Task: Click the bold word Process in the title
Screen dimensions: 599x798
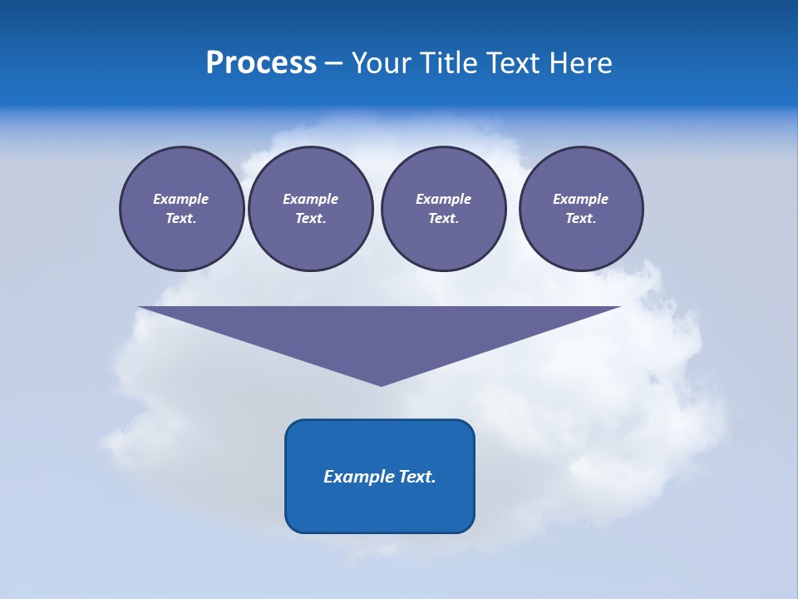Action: point(261,63)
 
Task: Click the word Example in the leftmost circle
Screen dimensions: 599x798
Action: point(181,199)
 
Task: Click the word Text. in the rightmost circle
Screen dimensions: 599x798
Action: point(581,219)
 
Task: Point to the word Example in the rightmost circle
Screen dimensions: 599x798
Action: point(581,199)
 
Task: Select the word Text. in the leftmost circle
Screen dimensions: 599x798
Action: point(181,219)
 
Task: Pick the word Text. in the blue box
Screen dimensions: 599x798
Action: point(417,477)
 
